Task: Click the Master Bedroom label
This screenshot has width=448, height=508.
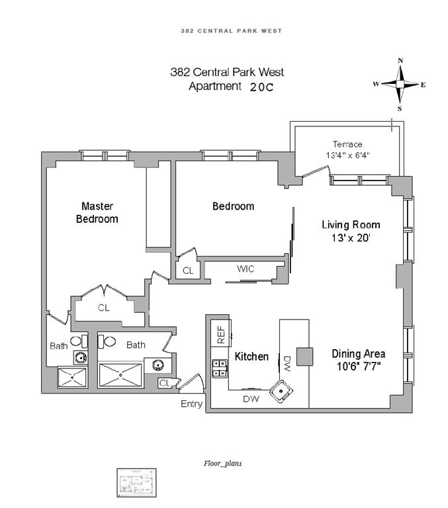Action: click(99, 212)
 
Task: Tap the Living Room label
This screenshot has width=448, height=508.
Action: click(351, 231)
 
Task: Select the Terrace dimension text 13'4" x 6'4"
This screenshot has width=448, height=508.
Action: click(347, 155)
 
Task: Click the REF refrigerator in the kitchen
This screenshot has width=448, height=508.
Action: click(220, 333)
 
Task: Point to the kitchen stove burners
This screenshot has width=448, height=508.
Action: click(219, 368)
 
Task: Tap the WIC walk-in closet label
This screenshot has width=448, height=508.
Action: click(246, 269)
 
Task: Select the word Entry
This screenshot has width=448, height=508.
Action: click(191, 404)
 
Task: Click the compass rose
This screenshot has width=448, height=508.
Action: click(400, 84)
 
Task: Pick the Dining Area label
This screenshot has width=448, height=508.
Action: click(358, 353)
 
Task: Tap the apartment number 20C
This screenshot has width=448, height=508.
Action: click(261, 87)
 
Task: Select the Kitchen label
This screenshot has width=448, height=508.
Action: click(251, 357)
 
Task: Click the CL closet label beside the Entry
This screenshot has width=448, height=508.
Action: click(164, 382)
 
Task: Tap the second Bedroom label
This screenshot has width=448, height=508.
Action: click(233, 206)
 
